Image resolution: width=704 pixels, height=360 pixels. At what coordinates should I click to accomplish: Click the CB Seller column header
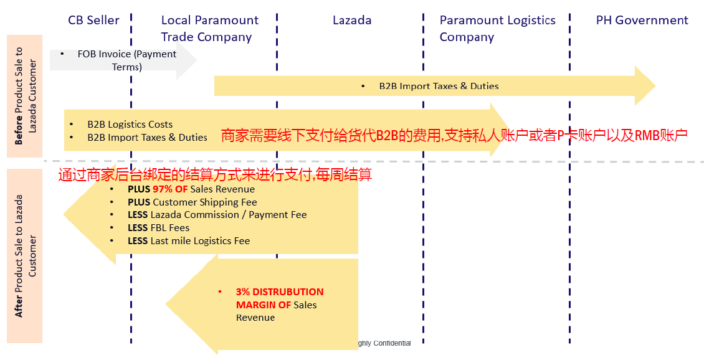[93, 20]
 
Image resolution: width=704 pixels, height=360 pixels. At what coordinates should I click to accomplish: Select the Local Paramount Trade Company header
[210, 29]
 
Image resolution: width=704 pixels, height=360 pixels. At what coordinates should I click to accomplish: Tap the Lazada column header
[352, 20]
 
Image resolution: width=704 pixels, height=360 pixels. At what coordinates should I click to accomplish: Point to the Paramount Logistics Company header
[497, 29]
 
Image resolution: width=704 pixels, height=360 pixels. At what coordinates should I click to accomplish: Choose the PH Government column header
[642, 20]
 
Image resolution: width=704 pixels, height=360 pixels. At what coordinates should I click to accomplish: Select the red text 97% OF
[170, 189]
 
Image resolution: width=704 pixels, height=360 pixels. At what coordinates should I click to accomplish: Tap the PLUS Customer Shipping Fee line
[192, 202]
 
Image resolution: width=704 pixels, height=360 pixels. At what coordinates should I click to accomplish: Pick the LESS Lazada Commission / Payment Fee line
[217, 214]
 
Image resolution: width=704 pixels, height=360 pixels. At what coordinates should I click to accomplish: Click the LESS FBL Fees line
[158, 227]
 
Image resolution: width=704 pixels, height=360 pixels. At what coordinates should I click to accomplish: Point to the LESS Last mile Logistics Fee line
[189, 240]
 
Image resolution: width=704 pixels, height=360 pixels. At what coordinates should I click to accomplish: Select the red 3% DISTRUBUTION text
[280, 291]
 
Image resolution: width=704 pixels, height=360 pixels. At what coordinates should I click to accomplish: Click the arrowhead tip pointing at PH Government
[655, 86]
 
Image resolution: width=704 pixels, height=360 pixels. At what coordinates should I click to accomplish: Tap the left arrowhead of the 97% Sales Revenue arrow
[64, 214]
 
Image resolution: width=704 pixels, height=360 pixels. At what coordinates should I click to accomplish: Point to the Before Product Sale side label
[25, 96]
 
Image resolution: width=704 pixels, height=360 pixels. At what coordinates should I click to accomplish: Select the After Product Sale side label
[25, 256]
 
